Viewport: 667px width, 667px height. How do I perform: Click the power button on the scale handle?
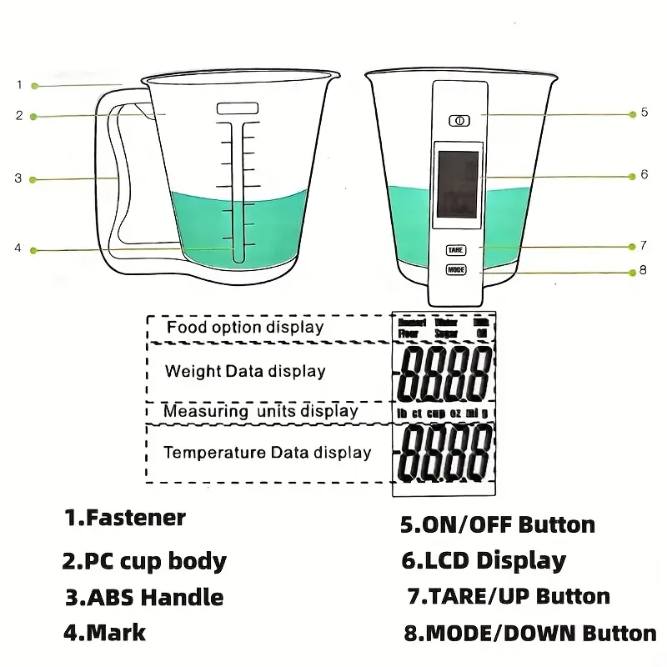pos(457,120)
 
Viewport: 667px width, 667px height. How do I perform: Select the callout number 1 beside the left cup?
pos(18,84)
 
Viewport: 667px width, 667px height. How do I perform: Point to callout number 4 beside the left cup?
pos(18,248)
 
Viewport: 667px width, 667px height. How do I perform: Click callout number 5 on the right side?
pos(644,113)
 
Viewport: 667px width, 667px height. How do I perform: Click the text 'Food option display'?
pos(245,327)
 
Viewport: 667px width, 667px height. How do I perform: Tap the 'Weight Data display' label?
pos(245,371)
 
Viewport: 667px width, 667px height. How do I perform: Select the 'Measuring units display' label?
pos(260,411)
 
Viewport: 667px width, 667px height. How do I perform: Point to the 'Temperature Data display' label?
pos(267,453)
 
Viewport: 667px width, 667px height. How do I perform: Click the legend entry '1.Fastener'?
pos(125,518)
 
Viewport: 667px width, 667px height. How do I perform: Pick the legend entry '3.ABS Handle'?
pos(144,597)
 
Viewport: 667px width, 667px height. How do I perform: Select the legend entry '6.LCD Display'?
pos(484,561)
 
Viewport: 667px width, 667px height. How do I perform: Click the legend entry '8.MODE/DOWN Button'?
pos(529,633)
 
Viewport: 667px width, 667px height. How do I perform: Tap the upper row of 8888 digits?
pos(444,372)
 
